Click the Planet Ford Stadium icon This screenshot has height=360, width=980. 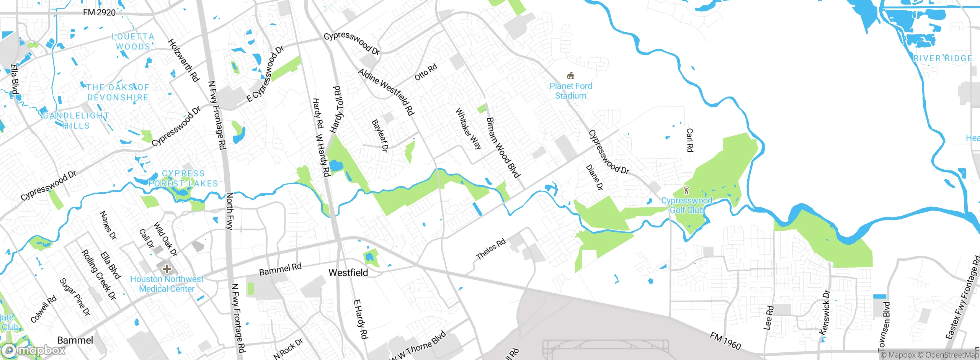pos(570,75)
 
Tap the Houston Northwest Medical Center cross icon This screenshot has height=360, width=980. pos(167,269)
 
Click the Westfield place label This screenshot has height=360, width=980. pos(348,273)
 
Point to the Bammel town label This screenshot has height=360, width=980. pos(75,340)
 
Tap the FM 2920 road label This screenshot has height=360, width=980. pos(99,13)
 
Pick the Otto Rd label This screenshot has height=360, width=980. pos(426,72)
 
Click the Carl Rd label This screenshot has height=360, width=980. pos(689,140)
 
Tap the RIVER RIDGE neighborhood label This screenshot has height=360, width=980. pos(942,59)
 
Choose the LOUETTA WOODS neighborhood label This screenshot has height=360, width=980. pos(133,41)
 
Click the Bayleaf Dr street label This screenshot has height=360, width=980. pos(380,136)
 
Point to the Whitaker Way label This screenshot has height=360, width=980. pos(468,128)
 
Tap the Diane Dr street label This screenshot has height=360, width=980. pos(595,177)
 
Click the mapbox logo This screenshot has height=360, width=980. pos(34,350)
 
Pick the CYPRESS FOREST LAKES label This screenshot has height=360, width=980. pos(183,178)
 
